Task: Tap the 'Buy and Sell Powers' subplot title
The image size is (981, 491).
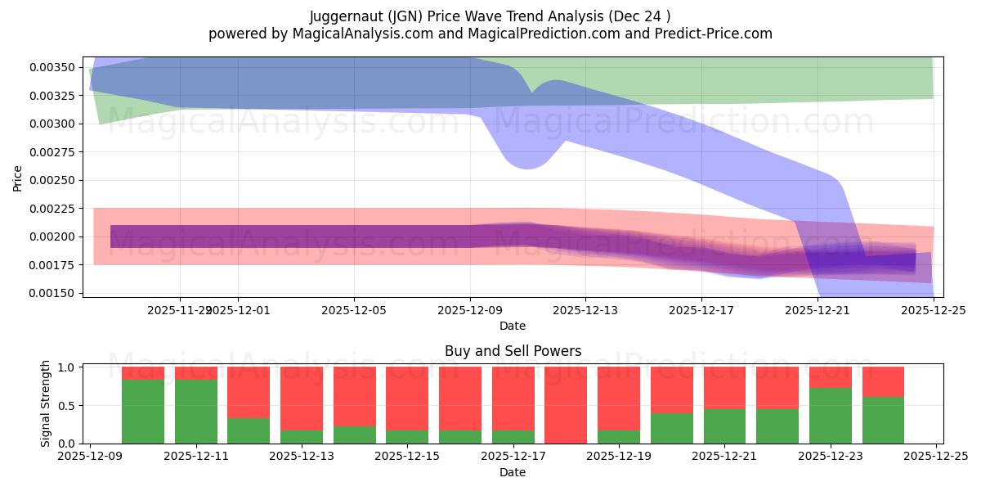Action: (x=513, y=351)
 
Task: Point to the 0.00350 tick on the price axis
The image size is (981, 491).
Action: (x=52, y=67)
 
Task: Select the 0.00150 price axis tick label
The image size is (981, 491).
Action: (x=52, y=293)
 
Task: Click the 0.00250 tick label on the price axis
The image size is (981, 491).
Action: (x=52, y=180)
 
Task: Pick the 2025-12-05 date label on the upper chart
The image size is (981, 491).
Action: (x=354, y=310)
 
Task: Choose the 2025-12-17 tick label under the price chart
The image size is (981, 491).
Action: (x=701, y=310)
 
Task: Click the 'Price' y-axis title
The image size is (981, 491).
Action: (x=18, y=177)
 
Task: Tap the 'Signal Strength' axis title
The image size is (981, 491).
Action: (x=46, y=403)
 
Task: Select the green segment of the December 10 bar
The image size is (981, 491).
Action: (x=143, y=411)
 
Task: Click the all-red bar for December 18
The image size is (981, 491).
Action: (x=566, y=405)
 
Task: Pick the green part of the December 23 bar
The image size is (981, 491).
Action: (x=831, y=416)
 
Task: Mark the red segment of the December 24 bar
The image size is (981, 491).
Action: (x=883, y=381)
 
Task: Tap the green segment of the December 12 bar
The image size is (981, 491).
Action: (x=249, y=430)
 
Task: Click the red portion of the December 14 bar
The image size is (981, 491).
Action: (x=354, y=396)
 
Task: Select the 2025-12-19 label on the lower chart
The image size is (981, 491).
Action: (x=619, y=457)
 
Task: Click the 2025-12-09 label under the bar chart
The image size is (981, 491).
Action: (x=91, y=457)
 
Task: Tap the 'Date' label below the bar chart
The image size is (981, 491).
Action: (x=513, y=472)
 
